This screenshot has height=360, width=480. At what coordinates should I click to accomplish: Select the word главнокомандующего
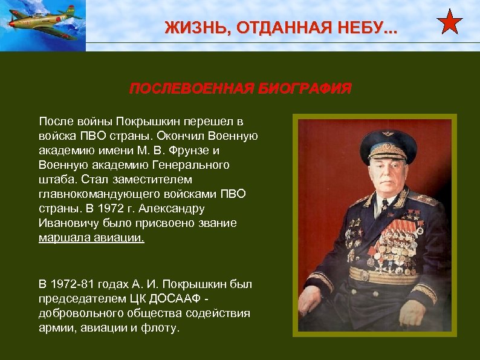click(x=96, y=194)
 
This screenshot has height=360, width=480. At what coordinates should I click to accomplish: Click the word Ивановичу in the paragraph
click(x=66, y=223)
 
